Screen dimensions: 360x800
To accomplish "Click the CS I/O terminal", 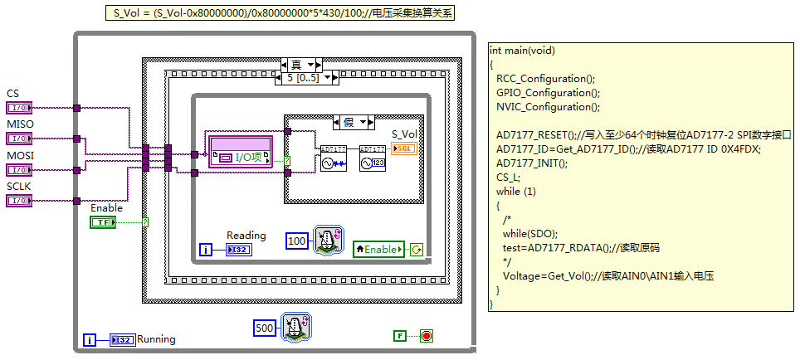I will click(x=18, y=108).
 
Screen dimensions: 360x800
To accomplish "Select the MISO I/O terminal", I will click(x=18, y=139).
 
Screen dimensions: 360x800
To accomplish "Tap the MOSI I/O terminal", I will click(x=18, y=169).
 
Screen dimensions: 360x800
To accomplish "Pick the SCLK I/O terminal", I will click(x=18, y=200).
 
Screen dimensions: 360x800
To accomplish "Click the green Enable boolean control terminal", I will click(x=104, y=222).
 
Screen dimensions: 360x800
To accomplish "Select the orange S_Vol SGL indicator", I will click(x=404, y=148).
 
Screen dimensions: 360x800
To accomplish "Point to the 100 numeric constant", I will click(x=297, y=241).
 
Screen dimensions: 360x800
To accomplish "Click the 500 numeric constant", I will click(x=265, y=328).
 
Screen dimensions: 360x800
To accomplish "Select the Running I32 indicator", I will click(x=122, y=339).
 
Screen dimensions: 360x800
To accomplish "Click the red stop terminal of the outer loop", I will click(x=427, y=336).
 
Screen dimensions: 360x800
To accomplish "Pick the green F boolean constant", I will click(x=400, y=336).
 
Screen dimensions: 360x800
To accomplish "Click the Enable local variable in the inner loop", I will click(x=380, y=248).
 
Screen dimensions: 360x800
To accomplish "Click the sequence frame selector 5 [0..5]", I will click(x=306, y=78).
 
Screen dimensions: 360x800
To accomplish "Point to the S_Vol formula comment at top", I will click(x=280, y=12).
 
